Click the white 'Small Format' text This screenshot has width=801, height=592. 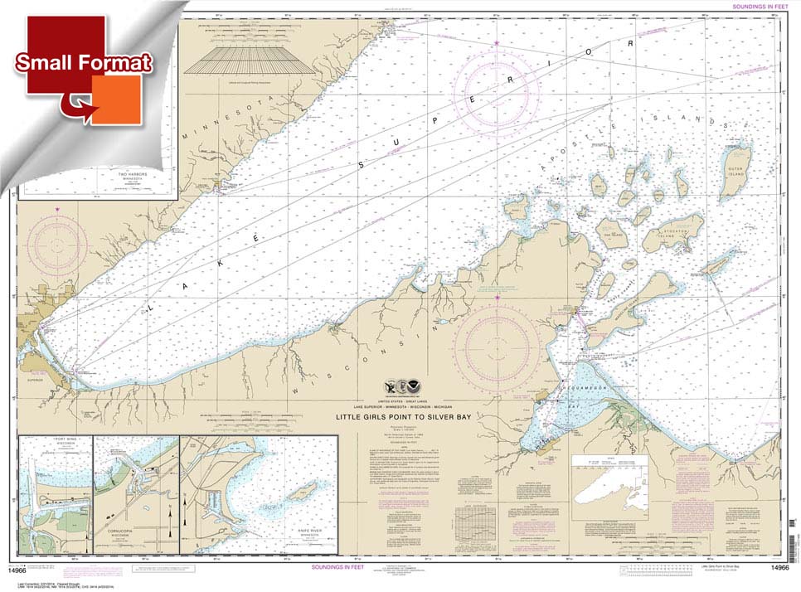click(x=82, y=63)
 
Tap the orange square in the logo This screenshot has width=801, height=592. click(x=116, y=99)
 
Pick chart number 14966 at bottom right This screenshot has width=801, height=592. click(x=779, y=568)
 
